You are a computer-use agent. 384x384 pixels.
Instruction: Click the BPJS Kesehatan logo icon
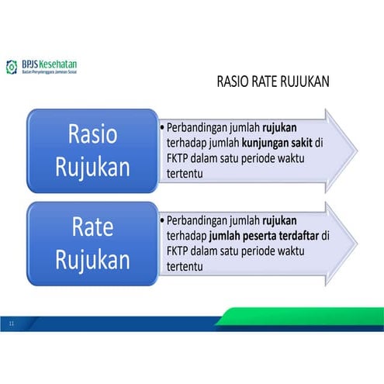(x=11, y=67)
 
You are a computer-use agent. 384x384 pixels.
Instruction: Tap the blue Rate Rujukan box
(x=92, y=243)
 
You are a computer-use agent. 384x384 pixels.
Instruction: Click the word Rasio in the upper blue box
(x=92, y=133)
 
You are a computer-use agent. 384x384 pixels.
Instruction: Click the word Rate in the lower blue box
(x=92, y=227)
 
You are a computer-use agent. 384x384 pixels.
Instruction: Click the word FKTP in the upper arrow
(x=178, y=159)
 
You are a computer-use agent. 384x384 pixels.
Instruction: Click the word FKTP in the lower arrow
(x=178, y=252)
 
